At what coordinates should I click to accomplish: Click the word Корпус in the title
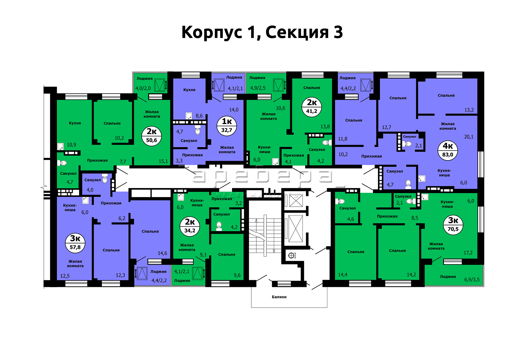(x=212, y=32)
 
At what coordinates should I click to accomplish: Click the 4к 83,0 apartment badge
(x=448, y=150)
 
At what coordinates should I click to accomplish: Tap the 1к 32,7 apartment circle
(x=227, y=126)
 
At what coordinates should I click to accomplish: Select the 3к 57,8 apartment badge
(x=75, y=243)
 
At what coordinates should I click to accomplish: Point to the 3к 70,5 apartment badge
(x=453, y=225)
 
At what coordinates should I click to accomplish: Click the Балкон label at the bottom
(x=279, y=297)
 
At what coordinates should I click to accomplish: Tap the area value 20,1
(x=469, y=137)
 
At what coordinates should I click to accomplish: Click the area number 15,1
(x=163, y=161)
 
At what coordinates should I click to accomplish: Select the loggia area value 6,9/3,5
(x=472, y=279)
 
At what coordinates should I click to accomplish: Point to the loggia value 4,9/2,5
(x=258, y=88)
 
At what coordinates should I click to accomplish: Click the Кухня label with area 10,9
(x=75, y=123)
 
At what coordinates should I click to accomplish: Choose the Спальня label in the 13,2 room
(x=446, y=95)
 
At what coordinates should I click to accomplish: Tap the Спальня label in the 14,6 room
(x=150, y=231)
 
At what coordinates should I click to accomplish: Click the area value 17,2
(x=468, y=253)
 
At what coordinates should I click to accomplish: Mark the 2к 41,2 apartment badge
(x=312, y=107)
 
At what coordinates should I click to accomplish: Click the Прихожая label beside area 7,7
(x=97, y=160)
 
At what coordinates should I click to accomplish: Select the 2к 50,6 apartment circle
(x=151, y=136)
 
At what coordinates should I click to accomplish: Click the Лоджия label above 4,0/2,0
(x=145, y=79)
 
